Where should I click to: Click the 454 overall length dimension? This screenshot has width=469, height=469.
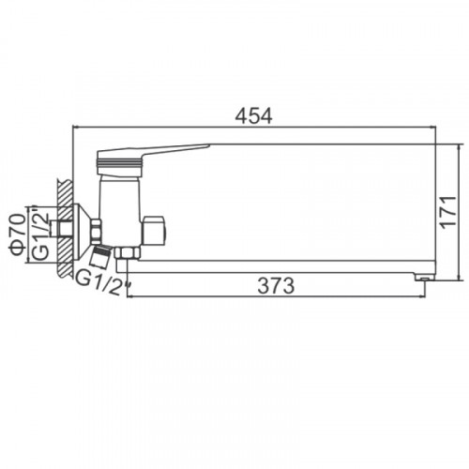pos(253,116)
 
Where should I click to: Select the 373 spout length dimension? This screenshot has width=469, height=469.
pos(276,285)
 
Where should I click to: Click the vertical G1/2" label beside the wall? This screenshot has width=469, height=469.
pos(41,232)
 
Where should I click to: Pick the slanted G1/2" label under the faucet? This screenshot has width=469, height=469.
pos(102,283)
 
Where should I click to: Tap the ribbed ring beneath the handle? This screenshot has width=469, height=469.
pos(119,162)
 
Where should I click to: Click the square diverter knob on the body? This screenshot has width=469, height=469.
pos(153,230)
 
